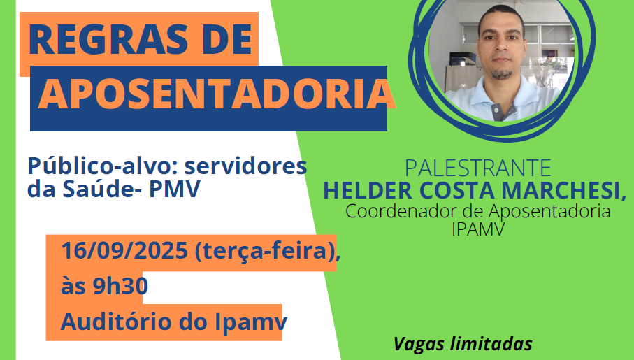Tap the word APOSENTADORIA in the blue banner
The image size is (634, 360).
tap(216, 94)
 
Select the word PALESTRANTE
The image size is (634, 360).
tap(478, 168)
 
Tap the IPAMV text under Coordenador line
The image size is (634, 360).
tap(478, 229)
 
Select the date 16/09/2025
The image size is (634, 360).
tap(124, 250)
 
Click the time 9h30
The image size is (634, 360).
tap(120, 286)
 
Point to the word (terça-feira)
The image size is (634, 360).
tap(268, 251)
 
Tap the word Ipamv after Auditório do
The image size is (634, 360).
tap(251, 322)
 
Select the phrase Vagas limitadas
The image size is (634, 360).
tap(463, 344)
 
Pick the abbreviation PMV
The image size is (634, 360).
tap(175, 189)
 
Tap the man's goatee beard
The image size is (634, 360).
tap(501, 74)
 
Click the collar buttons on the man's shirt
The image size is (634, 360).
tap(496, 110)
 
